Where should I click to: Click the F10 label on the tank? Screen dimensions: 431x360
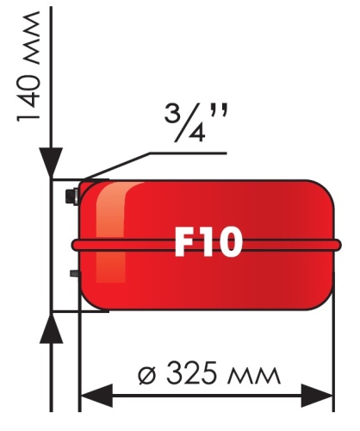pos(208,243)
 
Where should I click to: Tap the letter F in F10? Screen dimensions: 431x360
pos(183,243)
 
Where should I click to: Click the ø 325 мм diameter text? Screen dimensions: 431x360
pos(209,375)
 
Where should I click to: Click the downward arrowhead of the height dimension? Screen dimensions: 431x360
pos(53,164)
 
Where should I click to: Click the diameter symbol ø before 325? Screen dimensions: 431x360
pos(147,376)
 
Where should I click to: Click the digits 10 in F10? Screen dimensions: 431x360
pos(221,243)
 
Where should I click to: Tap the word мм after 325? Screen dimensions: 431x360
pos(256,378)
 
